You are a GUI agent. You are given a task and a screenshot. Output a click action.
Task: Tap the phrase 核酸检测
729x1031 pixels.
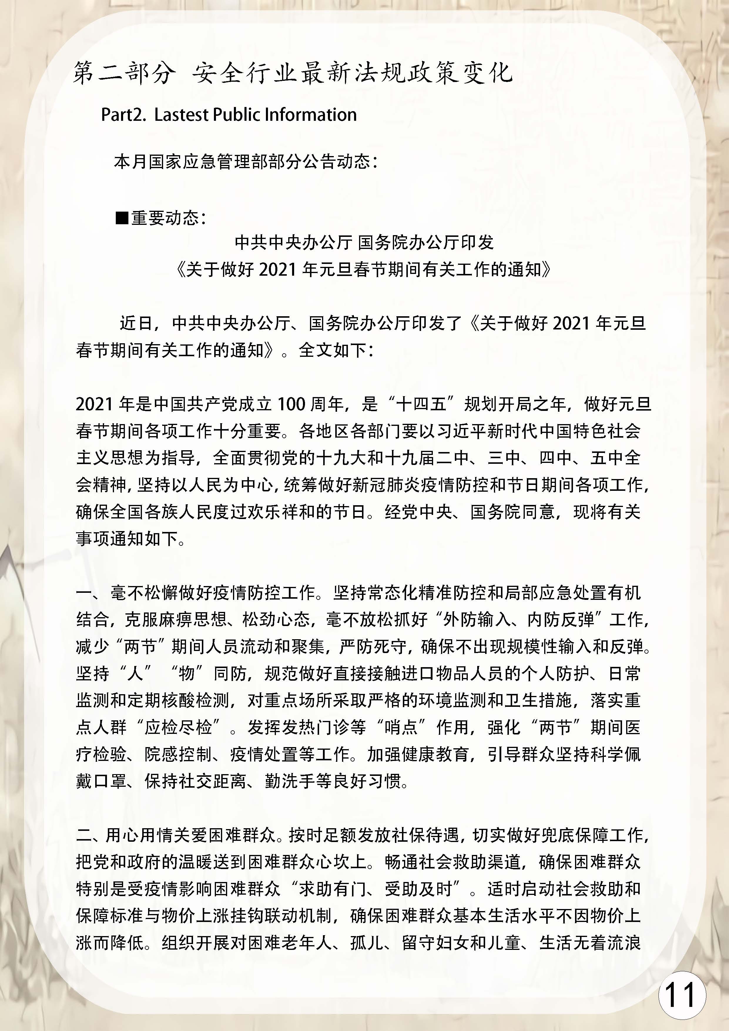coord(204,700)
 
